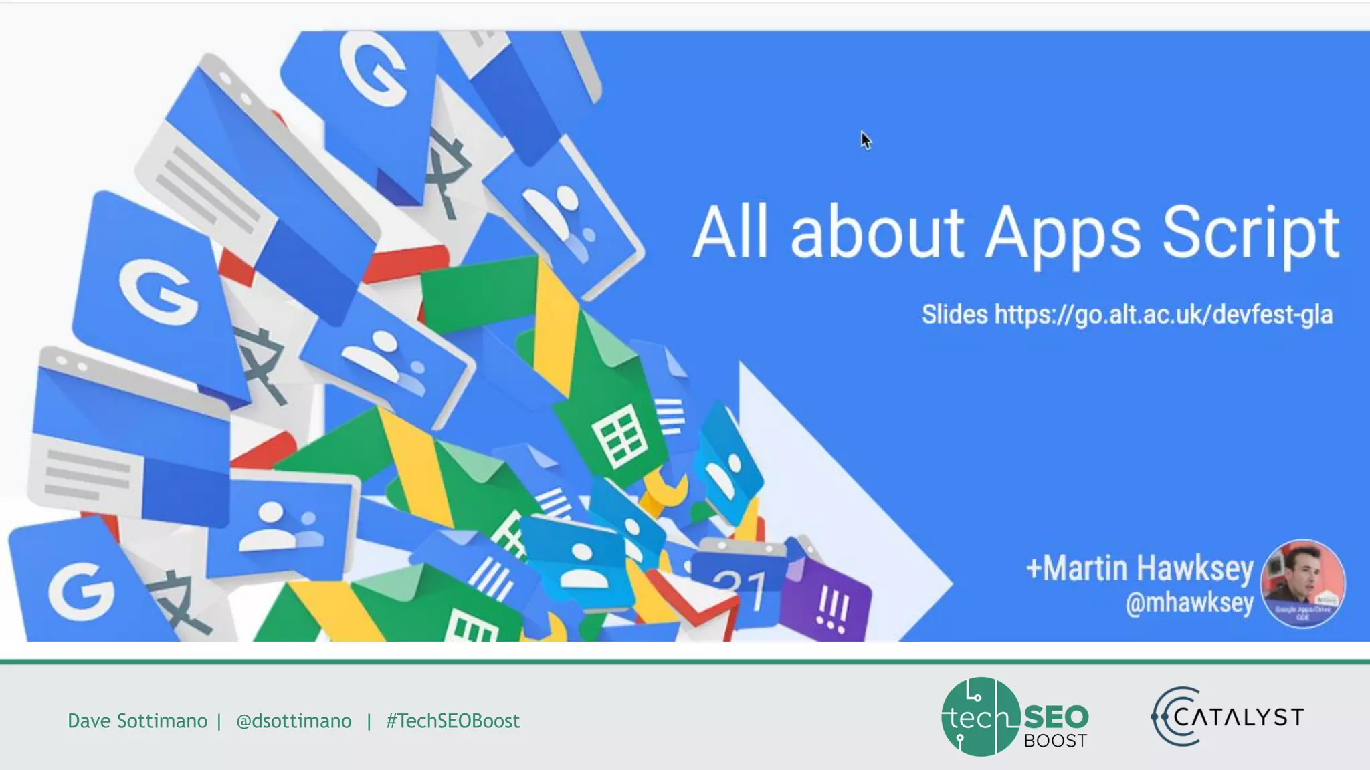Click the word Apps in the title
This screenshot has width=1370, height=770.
[x=1063, y=233]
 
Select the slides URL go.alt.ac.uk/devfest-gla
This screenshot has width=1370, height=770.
[x=1163, y=314]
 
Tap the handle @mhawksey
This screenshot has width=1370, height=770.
[x=1189, y=603]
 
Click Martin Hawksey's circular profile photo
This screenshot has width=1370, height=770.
[x=1302, y=583]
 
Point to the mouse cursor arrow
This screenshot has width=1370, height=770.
[x=866, y=140]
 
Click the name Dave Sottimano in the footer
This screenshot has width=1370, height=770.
[x=137, y=721]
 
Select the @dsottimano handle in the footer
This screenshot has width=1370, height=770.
[x=294, y=721]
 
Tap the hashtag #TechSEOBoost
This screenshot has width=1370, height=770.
[x=453, y=721]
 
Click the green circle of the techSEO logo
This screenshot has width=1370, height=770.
[x=980, y=717]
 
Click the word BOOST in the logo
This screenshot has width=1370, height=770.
[x=1055, y=741]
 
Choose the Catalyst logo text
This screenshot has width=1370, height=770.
[x=1238, y=717]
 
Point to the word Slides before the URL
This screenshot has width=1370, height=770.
[x=954, y=314]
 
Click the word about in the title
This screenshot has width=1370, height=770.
[x=877, y=233]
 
